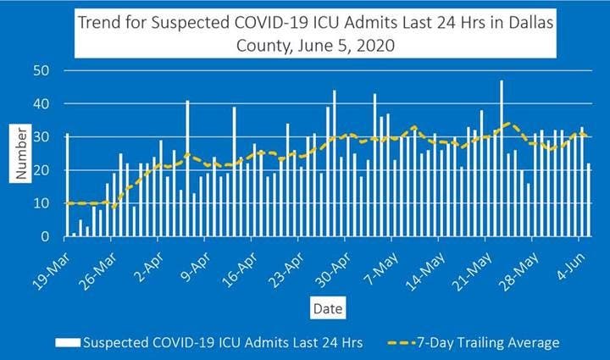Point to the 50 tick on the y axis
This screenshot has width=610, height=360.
tap(40, 70)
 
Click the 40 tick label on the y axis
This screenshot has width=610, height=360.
tap(40, 103)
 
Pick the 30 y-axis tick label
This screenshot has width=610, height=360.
tap(40, 137)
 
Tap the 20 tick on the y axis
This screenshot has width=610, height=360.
tap(40, 170)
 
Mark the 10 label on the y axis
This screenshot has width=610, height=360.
tap(40, 203)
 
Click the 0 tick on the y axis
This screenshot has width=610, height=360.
tap(44, 237)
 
